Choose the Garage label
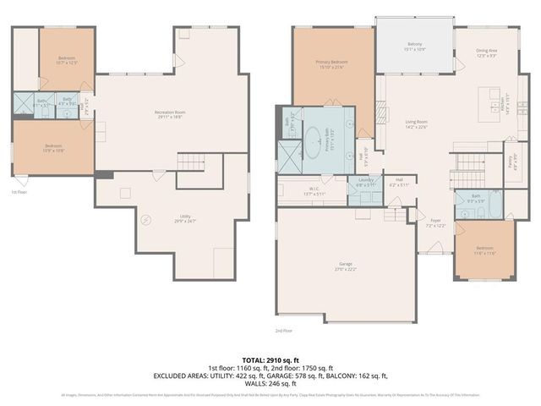347,266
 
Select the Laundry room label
366,181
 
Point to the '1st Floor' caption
19,193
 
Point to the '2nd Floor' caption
283,330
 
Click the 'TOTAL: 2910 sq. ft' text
270,360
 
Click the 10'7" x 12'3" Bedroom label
66,62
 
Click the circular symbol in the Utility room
145,221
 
